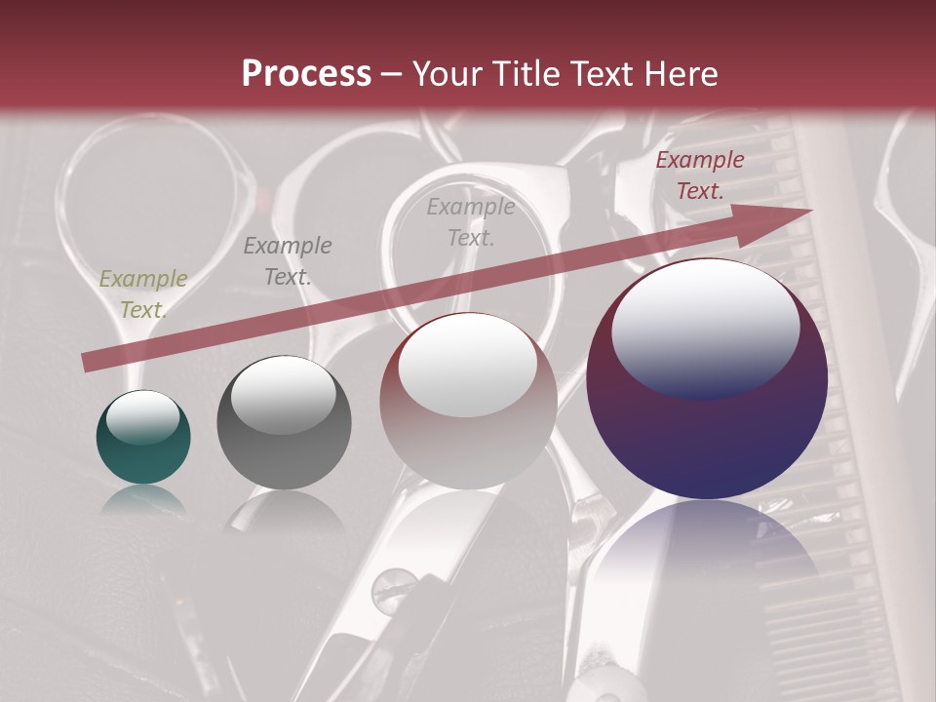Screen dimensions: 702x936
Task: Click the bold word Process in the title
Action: click(306, 73)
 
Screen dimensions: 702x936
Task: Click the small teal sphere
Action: click(143, 437)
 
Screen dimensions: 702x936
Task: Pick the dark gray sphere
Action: click(284, 422)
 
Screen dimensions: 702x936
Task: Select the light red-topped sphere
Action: click(468, 401)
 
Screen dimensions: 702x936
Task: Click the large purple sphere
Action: click(707, 378)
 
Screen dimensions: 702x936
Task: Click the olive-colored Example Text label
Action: click(143, 294)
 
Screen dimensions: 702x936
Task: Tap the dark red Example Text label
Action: click(699, 175)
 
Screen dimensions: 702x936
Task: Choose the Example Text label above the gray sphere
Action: click(287, 261)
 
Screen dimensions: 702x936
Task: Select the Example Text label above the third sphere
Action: click(471, 221)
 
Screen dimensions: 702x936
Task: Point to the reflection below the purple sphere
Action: click(707, 546)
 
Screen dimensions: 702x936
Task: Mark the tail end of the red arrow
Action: click(88, 362)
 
